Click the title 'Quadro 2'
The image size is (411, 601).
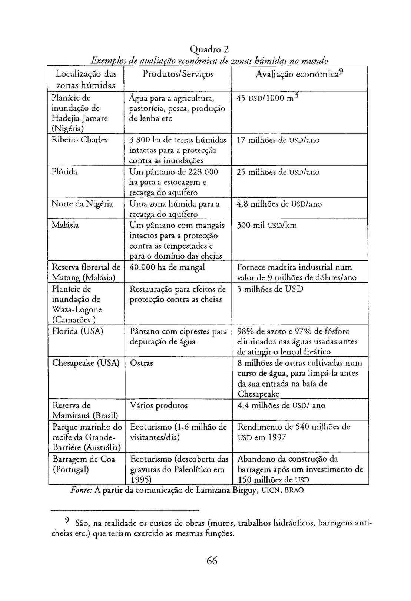pos(209,49)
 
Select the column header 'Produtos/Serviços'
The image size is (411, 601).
pos(178,74)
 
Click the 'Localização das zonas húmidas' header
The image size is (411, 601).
pos(86,79)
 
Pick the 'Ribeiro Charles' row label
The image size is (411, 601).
pos(80,140)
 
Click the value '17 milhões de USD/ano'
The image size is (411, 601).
pos(278,140)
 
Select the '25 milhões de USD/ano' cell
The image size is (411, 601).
pos(278,172)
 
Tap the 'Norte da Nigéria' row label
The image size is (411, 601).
pos(82,204)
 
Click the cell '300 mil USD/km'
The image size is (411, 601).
pos(267,225)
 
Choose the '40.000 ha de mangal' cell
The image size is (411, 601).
pos(167,267)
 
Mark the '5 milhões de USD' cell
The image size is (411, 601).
pos(270,289)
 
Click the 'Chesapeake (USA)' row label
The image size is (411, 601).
pos(86,363)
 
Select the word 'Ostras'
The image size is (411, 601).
pos(142,363)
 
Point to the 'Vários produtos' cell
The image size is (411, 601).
pos(159,405)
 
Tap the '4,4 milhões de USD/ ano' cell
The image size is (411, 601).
pos(281,405)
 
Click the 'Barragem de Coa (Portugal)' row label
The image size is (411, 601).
pos(84,464)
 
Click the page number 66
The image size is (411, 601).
pos(212,561)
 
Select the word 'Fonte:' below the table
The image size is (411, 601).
pos(81,490)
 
